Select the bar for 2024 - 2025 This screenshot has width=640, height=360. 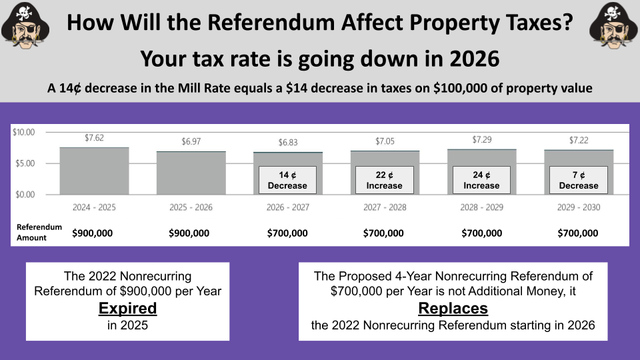(x=94, y=171)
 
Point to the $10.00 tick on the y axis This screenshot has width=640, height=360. (x=24, y=132)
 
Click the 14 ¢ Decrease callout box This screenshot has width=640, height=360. (x=288, y=180)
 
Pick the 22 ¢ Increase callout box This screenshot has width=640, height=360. (x=385, y=180)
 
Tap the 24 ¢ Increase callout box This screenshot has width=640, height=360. (x=481, y=180)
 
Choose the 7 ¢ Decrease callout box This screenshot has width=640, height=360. (x=579, y=180)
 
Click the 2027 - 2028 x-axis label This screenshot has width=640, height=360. (x=385, y=207)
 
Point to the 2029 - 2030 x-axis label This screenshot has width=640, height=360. (x=579, y=207)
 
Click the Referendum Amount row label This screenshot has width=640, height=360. (x=39, y=232)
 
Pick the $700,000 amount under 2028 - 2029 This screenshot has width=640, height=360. (x=481, y=233)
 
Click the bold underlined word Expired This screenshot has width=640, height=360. (x=127, y=309)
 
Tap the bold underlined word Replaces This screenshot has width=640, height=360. (x=453, y=309)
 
